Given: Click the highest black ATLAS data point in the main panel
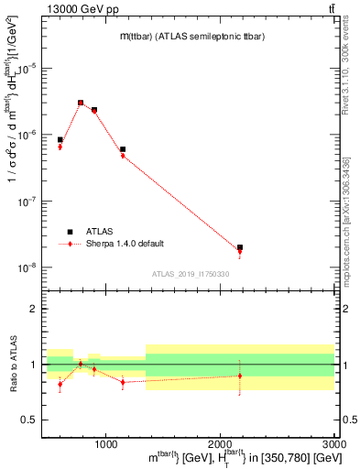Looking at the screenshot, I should point(81,103).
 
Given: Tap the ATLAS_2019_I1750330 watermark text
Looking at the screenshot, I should point(190,274).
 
